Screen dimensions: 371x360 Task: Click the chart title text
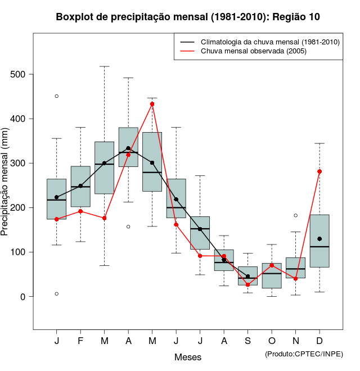(188, 17)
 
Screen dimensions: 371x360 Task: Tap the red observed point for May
(152, 104)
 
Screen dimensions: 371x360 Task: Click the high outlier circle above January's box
(57, 96)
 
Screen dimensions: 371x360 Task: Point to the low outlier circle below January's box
(57, 293)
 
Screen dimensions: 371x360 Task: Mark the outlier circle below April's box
(128, 227)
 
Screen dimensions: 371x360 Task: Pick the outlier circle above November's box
(296, 215)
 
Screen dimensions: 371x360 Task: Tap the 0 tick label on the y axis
(24, 296)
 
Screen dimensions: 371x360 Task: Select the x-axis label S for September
(248, 341)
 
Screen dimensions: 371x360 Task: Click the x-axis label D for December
(319, 341)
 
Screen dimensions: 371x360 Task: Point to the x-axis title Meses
(188, 357)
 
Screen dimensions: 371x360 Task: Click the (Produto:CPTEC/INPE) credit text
(304, 354)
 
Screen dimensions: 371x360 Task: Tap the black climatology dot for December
(319, 239)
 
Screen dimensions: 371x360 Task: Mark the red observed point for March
(105, 218)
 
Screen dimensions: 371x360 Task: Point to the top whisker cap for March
(105, 66)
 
